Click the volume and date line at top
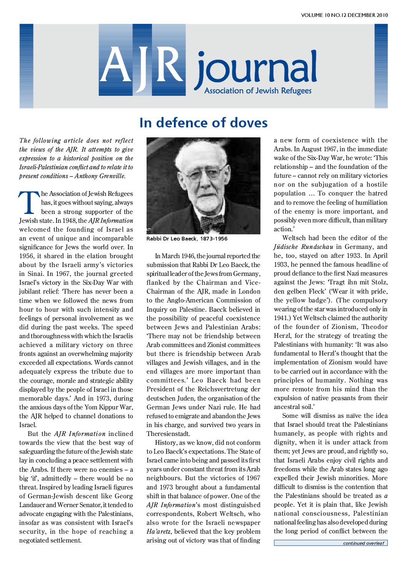coord(344,15)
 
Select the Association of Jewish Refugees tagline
coord(258,91)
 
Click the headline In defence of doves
coord(203,123)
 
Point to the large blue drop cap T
coord(29,203)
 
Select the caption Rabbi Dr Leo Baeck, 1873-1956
coord(187,239)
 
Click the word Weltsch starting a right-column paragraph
coord(294,238)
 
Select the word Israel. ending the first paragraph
coord(28,425)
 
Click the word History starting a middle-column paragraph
coord(167,442)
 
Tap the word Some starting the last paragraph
coord(290,416)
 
